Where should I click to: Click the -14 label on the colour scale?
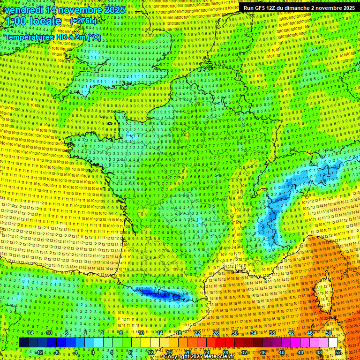(x=30, y=333)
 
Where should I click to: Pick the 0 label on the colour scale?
(x=93, y=352)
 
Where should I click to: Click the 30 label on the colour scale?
(x=235, y=333)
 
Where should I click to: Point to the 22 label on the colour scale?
(x=197, y=333)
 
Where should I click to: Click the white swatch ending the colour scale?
(x=333, y=343)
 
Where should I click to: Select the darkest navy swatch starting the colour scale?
(x=23, y=343)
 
